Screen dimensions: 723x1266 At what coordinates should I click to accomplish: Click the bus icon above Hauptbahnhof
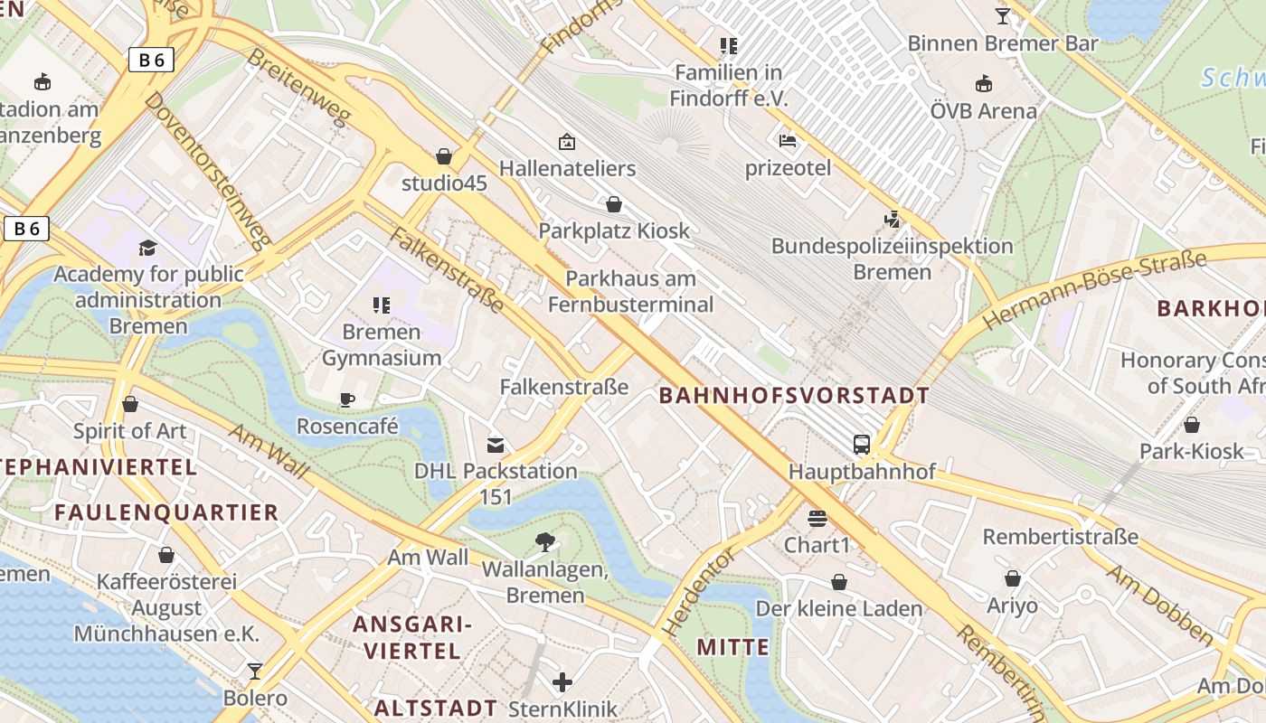(x=862, y=445)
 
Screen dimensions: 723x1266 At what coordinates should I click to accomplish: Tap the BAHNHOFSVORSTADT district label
(x=794, y=395)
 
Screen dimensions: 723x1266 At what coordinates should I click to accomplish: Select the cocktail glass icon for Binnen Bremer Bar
(x=1002, y=15)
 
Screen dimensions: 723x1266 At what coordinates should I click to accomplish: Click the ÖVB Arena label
(x=984, y=111)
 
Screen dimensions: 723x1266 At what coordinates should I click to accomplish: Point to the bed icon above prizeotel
(x=788, y=141)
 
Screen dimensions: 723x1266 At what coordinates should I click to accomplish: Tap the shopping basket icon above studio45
(x=444, y=156)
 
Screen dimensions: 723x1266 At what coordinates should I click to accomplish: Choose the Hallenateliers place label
(x=567, y=168)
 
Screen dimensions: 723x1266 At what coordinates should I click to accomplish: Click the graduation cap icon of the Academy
(x=147, y=248)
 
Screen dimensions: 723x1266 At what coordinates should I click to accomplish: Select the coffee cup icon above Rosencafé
(x=346, y=399)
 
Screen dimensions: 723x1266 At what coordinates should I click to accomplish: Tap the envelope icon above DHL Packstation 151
(x=496, y=445)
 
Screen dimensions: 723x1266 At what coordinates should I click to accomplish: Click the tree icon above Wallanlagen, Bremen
(x=545, y=542)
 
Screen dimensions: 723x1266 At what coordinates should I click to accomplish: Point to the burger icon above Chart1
(x=817, y=519)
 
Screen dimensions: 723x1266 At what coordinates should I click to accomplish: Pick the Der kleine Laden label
(x=839, y=608)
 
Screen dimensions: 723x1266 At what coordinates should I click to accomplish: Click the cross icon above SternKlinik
(x=562, y=682)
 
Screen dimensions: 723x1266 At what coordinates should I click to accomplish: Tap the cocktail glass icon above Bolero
(x=255, y=671)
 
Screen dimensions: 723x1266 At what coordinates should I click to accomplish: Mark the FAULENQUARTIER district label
(x=166, y=512)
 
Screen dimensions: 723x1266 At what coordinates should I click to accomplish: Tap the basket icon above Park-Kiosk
(x=1192, y=425)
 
